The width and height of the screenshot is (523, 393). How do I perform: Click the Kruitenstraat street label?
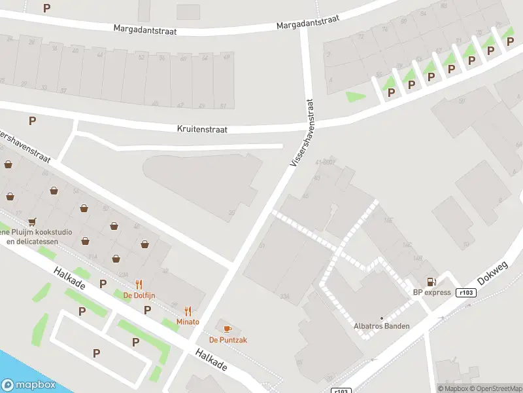[x=202, y=130]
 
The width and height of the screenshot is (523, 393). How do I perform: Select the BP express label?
[x=431, y=292]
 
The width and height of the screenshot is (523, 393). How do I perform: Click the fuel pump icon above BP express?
[x=431, y=282]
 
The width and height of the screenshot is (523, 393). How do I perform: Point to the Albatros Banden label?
[x=381, y=326]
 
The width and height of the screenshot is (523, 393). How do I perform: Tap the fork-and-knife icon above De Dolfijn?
[x=139, y=284]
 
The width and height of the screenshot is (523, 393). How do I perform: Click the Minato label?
[x=188, y=322]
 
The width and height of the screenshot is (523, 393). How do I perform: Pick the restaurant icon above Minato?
[x=188, y=311]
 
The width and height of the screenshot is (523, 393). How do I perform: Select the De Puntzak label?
[x=228, y=339]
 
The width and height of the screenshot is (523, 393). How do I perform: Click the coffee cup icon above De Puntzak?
[x=228, y=328]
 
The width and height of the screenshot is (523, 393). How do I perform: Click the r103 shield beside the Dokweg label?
[x=466, y=293]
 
